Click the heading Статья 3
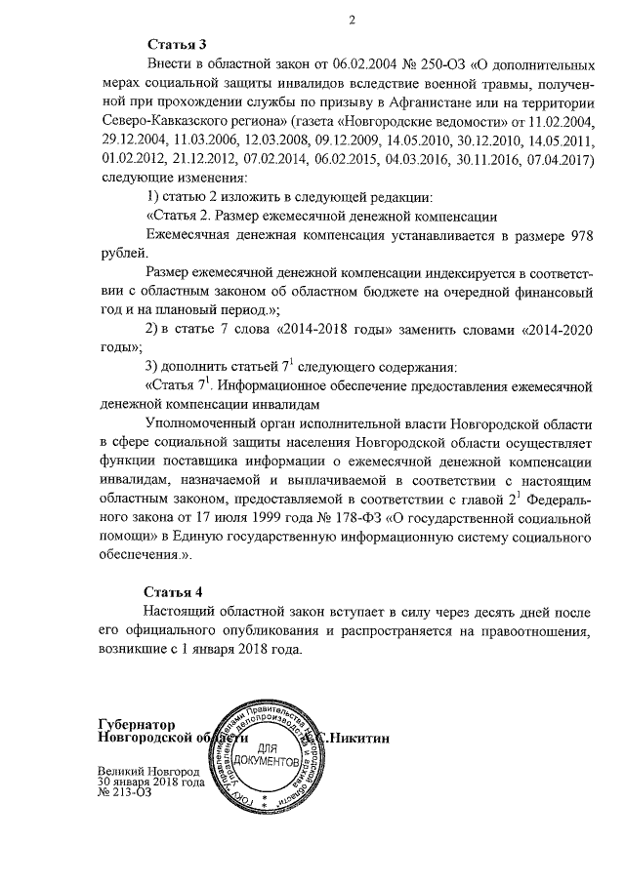click(x=176, y=45)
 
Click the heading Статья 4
click(x=176, y=593)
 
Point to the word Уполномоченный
click(x=205, y=423)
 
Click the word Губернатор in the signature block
click(x=137, y=725)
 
